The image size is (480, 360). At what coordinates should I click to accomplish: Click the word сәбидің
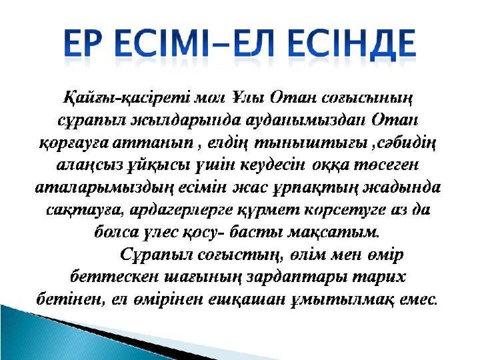(406, 143)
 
